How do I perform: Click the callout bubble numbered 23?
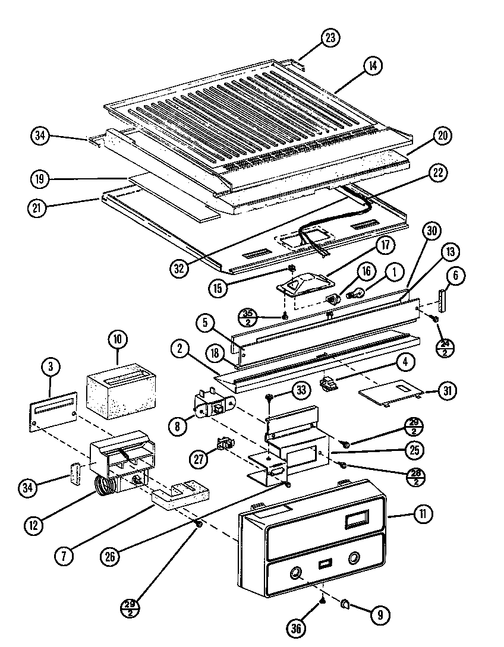[330, 37]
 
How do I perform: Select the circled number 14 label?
[373, 66]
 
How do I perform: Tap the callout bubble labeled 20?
[441, 135]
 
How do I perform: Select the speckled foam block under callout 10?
[122, 390]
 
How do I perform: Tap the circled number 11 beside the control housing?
[423, 515]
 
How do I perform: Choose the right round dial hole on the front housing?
[354, 557]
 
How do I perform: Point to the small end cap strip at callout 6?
[442, 300]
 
